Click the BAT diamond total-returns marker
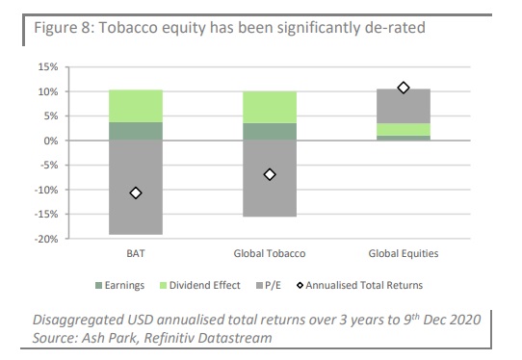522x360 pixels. click(x=136, y=193)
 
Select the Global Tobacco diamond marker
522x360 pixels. click(x=270, y=174)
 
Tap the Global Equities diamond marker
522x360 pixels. click(x=404, y=88)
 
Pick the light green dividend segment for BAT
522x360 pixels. click(x=136, y=106)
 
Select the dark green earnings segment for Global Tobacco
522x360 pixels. click(x=270, y=132)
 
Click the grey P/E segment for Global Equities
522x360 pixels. click(x=404, y=106)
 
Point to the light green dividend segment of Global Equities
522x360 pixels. click(x=404, y=129)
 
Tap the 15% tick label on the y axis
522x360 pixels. click(x=47, y=67)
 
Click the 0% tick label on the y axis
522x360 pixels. click(x=51, y=141)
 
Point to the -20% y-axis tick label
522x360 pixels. click(x=45, y=239)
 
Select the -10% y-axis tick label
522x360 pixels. click(x=45, y=190)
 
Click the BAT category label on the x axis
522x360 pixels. click(x=136, y=254)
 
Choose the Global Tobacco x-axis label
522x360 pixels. click(x=270, y=254)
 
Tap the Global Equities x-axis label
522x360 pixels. click(x=404, y=254)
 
